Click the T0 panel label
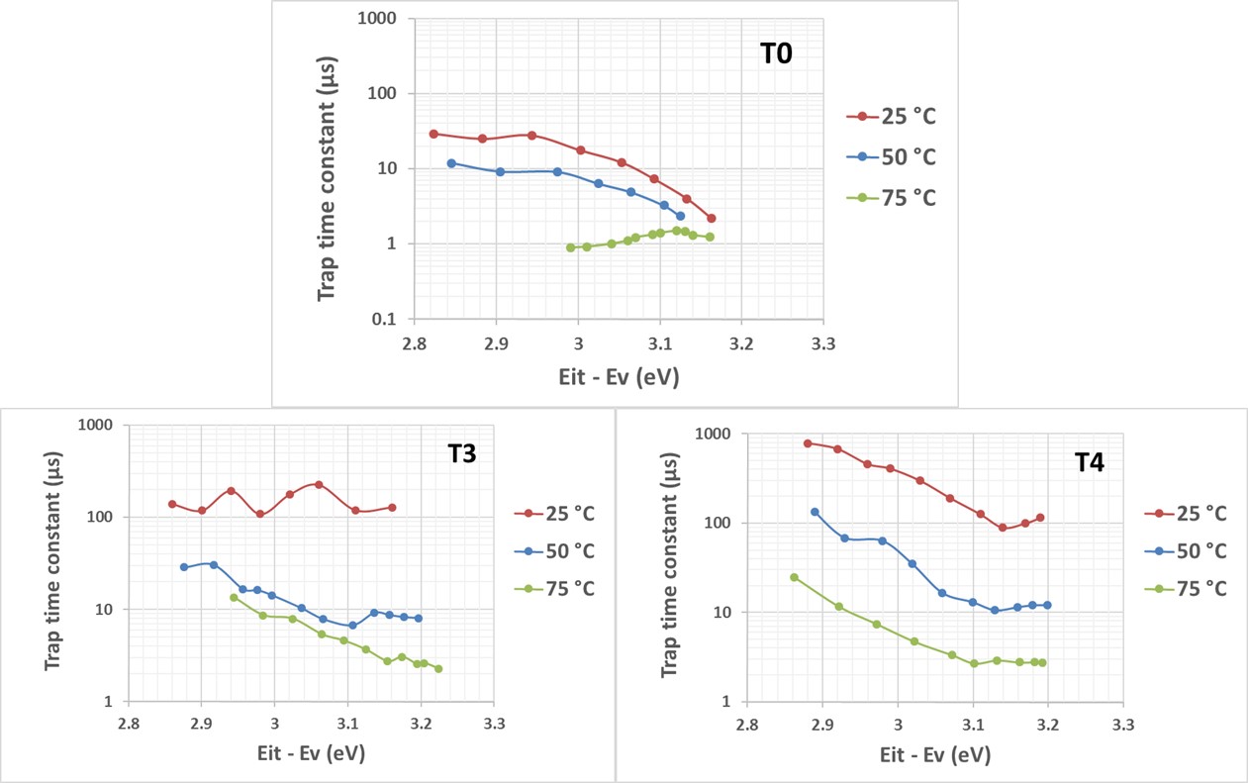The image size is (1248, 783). pyautogui.click(x=776, y=54)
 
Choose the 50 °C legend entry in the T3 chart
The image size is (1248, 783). pyautogui.click(x=567, y=550)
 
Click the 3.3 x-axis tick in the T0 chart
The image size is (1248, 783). pyautogui.click(x=822, y=343)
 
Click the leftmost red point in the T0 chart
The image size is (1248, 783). pyautogui.click(x=433, y=134)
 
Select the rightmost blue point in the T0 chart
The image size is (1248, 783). pyautogui.click(x=680, y=216)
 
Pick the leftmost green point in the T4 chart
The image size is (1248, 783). pyautogui.click(x=794, y=577)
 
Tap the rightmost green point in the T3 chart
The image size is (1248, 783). pyautogui.click(x=438, y=669)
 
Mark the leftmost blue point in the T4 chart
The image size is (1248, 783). pyautogui.click(x=815, y=512)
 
